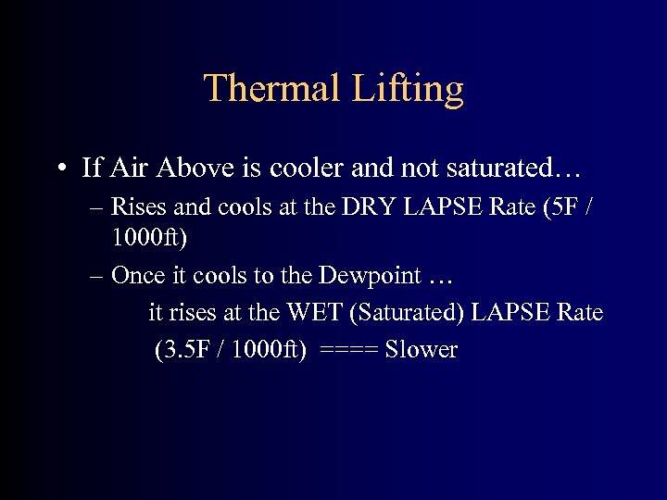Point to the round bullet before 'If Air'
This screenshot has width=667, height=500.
click(60, 169)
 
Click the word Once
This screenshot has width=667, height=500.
click(136, 275)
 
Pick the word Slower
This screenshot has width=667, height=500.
click(422, 349)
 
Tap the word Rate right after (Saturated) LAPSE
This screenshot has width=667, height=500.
click(577, 312)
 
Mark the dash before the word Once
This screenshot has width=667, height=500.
click(98, 276)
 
